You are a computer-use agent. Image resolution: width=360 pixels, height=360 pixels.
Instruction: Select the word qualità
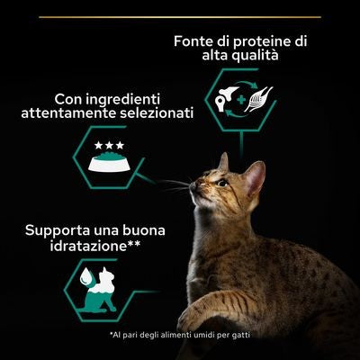[253, 55]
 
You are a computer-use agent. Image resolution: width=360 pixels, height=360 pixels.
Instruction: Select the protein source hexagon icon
[239, 103]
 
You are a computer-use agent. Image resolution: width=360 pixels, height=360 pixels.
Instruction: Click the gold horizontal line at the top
[179, 16]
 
